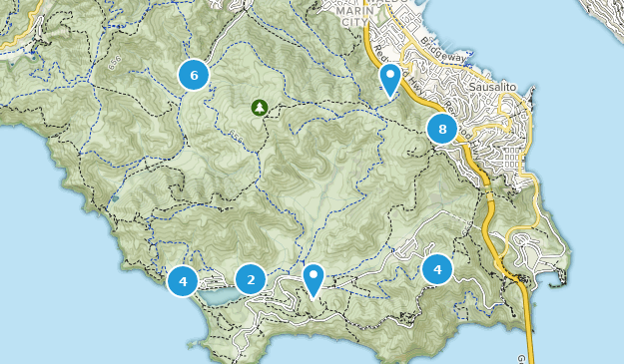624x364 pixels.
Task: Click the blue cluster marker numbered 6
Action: [194, 74]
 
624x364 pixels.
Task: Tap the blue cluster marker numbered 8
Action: [441, 129]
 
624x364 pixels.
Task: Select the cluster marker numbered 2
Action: [251, 279]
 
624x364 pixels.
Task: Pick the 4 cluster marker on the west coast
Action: [183, 281]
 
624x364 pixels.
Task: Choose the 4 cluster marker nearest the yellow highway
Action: [437, 269]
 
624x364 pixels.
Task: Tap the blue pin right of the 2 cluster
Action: [313, 279]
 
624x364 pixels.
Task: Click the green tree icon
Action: [259, 106]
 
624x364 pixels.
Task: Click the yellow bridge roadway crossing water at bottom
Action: [528, 344]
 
